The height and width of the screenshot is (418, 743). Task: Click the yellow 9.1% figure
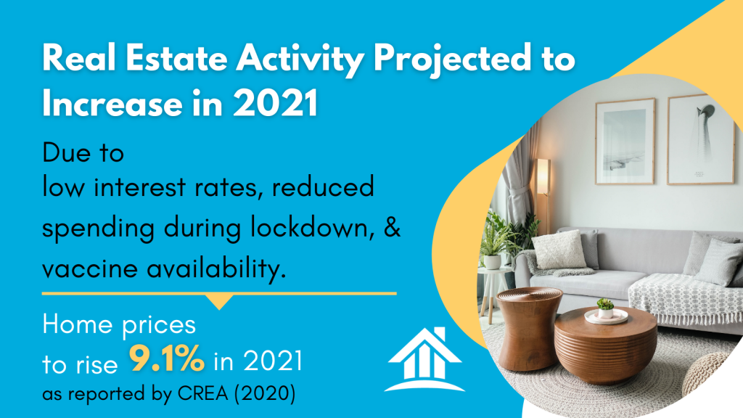167,358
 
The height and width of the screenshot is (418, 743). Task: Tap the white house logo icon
424,359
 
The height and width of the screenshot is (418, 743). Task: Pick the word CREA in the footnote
203,393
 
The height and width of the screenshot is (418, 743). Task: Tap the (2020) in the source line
265,394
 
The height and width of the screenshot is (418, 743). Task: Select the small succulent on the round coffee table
605,308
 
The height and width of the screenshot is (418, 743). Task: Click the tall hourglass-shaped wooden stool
529,329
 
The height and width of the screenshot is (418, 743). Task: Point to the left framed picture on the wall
625,142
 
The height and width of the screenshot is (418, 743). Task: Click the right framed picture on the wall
700,139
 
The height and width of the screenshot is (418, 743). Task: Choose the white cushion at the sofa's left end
559,250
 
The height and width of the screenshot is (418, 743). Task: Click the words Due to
83,152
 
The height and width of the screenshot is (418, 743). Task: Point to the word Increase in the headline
112,103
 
